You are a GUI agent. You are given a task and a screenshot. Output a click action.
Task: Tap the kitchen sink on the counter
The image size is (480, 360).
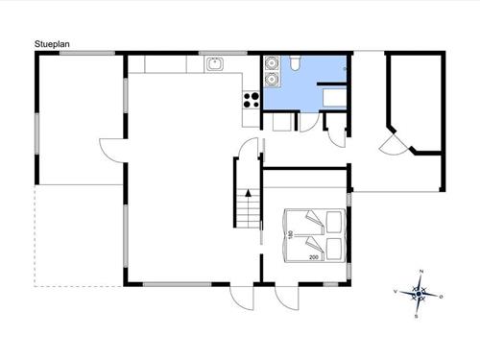[x=215, y=64]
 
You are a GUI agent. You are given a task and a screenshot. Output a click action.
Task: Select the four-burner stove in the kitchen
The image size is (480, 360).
[x=252, y=98]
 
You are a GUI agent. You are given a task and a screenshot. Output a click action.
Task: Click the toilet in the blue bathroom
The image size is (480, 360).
[x=297, y=64]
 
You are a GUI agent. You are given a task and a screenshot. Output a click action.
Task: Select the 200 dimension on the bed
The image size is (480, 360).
[x=313, y=258]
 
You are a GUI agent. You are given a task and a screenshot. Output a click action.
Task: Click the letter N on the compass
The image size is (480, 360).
[x=419, y=274]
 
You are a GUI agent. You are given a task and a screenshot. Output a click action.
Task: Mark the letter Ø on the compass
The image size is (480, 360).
[x=441, y=299]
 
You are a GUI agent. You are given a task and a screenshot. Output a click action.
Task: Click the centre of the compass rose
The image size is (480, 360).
[x=419, y=294]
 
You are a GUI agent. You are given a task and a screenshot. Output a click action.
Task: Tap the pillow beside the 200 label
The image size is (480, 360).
[x=334, y=249]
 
